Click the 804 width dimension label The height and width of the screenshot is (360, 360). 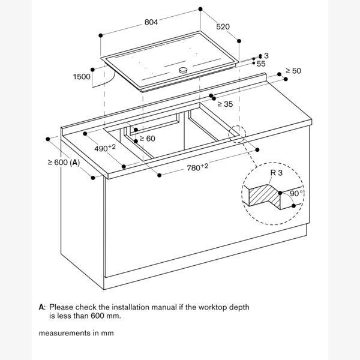(x=151, y=23)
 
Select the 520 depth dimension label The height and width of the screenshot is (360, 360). (x=223, y=27)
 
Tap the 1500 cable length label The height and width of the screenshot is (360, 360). (x=81, y=77)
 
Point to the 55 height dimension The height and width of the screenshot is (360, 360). (x=260, y=63)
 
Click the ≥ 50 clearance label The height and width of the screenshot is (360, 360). (x=293, y=71)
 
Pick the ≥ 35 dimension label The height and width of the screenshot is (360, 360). (x=224, y=104)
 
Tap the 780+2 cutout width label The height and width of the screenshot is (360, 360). (x=197, y=167)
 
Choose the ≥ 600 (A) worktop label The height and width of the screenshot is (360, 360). (x=64, y=162)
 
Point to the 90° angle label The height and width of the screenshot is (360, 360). (x=296, y=193)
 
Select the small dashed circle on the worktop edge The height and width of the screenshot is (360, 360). (x=237, y=133)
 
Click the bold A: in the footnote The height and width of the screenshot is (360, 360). (x=42, y=307)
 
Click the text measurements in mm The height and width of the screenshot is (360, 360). (x=76, y=332)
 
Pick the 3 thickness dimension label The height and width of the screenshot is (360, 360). (x=266, y=56)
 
